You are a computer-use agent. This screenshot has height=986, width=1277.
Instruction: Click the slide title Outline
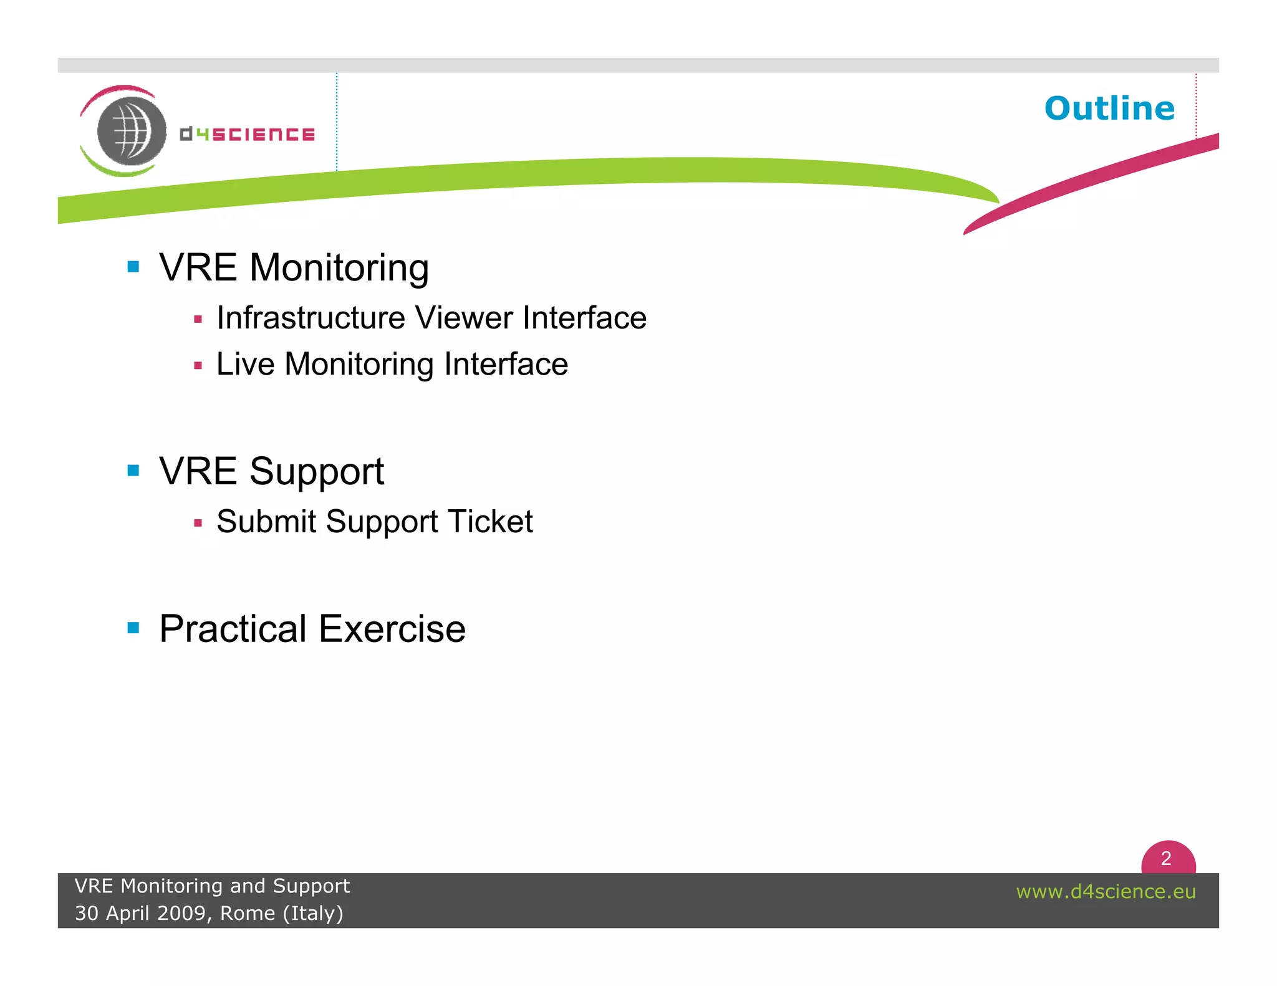(x=1109, y=108)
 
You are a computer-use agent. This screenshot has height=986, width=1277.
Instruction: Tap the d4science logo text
(x=247, y=134)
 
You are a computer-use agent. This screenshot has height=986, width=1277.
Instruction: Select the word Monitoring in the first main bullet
(x=339, y=268)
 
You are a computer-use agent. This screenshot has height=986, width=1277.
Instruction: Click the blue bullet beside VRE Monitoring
(x=133, y=267)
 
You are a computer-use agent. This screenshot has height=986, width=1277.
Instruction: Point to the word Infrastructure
(x=311, y=318)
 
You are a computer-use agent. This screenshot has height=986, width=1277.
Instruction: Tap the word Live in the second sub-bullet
(x=245, y=364)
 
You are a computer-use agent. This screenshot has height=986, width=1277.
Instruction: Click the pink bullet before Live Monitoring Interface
(x=198, y=366)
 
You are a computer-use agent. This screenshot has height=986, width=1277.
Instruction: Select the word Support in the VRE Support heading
(x=316, y=472)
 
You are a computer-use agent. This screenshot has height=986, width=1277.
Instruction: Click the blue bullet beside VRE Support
(x=133, y=470)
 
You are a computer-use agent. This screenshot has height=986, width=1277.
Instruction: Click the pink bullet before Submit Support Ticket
(x=198, y=523)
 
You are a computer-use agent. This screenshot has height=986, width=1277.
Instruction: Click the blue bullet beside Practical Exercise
(x=133, y=628)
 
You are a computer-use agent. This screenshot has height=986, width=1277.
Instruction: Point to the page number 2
(x=1166, y=859)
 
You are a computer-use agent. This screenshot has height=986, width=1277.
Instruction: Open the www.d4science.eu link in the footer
(x=1106, y=891)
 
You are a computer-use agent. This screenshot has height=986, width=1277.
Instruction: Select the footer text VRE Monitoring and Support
(x=212, y=886)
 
